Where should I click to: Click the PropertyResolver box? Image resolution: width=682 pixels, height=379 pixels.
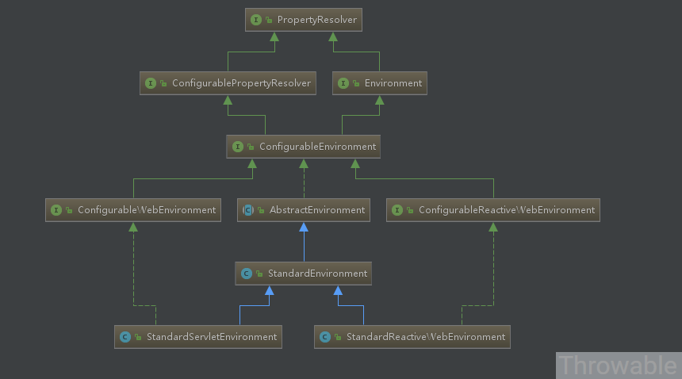click(304, 20)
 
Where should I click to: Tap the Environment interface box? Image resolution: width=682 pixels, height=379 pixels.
click(379, 83)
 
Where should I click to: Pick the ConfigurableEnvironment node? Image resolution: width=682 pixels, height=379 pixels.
click(304, 147)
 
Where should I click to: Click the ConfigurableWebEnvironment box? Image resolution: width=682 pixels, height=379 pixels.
click(133, 210)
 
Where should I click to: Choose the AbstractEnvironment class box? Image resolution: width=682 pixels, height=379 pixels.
click(304, 210)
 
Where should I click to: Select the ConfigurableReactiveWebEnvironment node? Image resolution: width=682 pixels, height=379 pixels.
click(493, 210)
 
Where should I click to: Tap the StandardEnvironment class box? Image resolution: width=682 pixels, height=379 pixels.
click(304, 274)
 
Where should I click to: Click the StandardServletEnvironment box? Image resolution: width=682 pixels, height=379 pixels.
click(198, 337)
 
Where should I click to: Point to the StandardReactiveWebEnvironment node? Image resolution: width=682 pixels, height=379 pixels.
click(412, 337)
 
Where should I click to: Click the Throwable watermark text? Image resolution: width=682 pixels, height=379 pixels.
click(618, 366)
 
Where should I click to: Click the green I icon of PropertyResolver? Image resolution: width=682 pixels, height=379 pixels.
click(256, 20)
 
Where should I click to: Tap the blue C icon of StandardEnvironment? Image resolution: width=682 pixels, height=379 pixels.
click(247, 274)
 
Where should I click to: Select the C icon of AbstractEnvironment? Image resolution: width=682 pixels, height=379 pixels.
click(248, 210)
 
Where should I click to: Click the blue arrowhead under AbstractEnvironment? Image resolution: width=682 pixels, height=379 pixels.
click(304, 227)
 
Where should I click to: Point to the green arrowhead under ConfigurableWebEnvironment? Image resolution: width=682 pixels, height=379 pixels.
click(133, 227)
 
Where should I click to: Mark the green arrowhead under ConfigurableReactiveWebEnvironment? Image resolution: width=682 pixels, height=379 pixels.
click(493, 227)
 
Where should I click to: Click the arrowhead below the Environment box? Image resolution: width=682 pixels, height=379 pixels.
click(379, 100)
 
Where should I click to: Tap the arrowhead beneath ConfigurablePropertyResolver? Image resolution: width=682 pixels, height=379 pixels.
click(228, 100)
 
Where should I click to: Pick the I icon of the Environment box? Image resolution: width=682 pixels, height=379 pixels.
click(343, 83)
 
